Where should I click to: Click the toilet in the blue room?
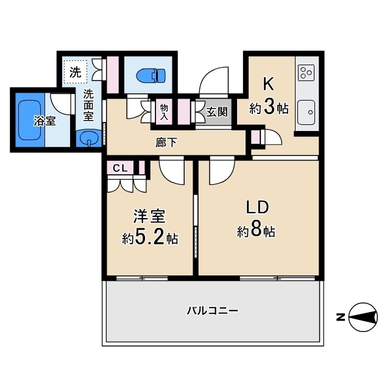[x=150, y=76]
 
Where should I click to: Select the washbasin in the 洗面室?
[x=88, y=138]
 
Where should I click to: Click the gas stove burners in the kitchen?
[x=307, y=73]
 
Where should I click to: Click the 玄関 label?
[x=216, y=112]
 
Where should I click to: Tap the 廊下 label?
[x=166, y=142]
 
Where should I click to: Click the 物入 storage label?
[x=164, y=112]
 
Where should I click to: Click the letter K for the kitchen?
[x=268, y=84]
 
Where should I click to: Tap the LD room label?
[x=258, y=207]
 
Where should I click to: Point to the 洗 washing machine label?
[x=74, y=71]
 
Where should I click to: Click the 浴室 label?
[x=44, y=121]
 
